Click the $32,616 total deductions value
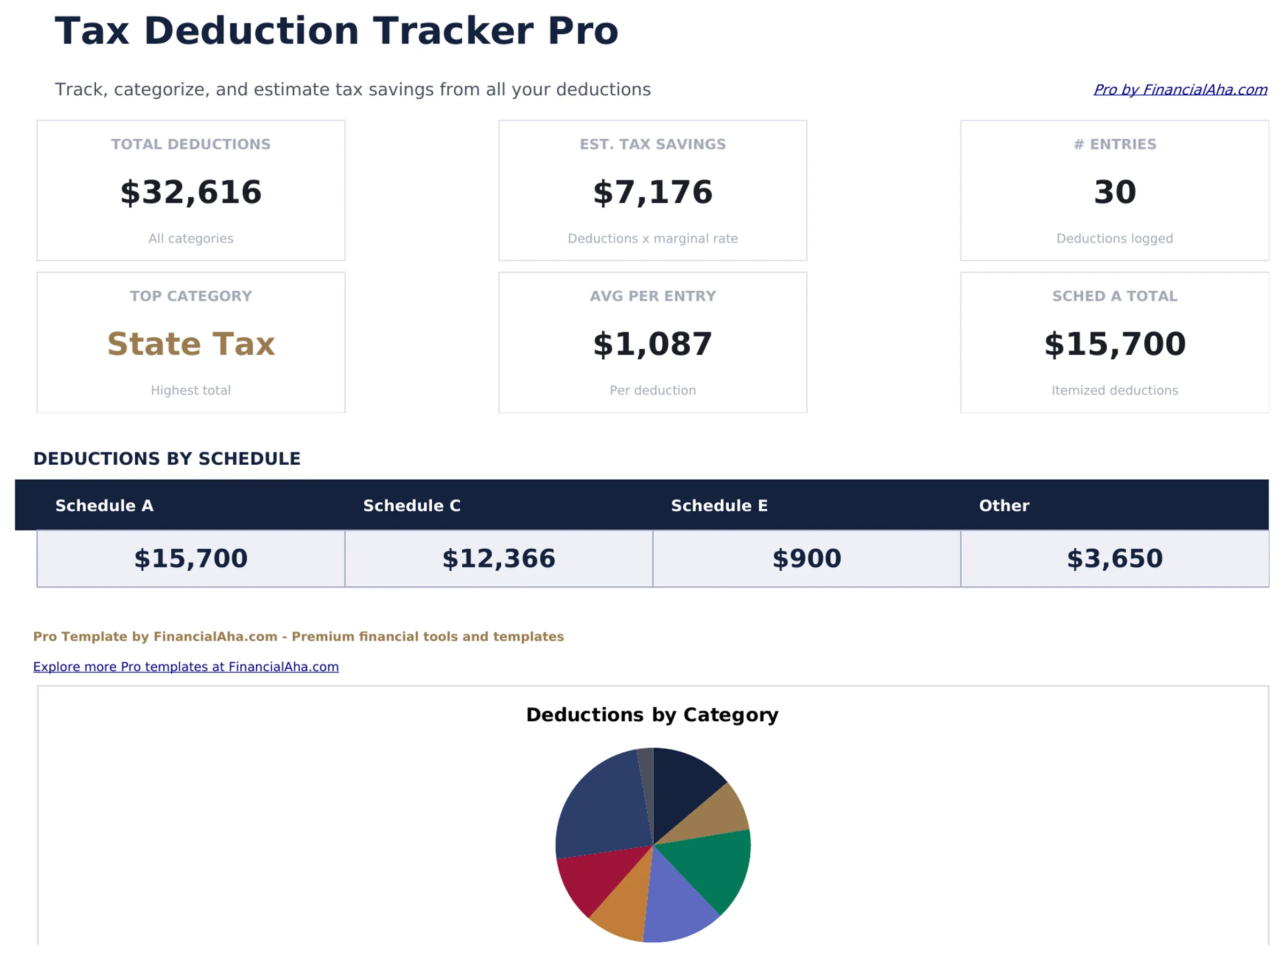(190, 192)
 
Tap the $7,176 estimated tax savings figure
(653, 192)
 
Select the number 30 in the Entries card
(1114, 192)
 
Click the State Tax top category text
(190, 344)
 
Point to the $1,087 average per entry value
(653, 344)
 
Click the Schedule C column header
(411, 505)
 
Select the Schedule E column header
(719, 505)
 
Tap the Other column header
(1004, 505)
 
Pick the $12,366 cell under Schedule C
(499, 558)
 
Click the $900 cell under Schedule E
(806, 558)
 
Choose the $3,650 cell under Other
(1114, 558)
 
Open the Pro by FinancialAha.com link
(1180, 89)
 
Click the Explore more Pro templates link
(186, 667)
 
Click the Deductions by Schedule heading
(166, 459)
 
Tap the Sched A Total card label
(1114, 296)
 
